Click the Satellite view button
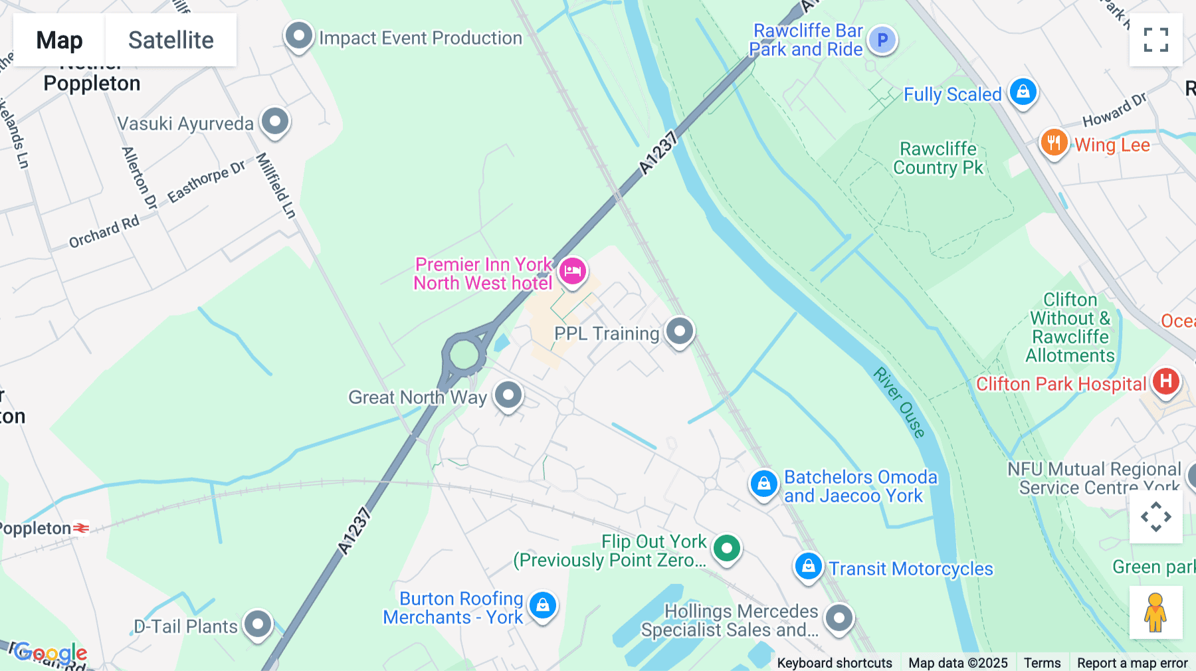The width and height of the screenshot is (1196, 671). pyautogui.click(x=171, y=40)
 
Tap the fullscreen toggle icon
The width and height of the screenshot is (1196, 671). pyautogui.click(x=1155, y=40)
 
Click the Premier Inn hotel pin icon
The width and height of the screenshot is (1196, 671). pyautogui.click(x=572, y=271)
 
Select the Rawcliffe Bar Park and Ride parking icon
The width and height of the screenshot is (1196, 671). pyautogui.click(x=882, y=40)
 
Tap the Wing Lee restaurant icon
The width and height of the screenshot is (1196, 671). pyautogui.click(x=1054, y=142)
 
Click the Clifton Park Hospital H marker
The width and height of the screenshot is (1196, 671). pyautogui.click(x=1165, y=381)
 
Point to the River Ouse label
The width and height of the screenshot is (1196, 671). pyautogui.click(x=899, y=403)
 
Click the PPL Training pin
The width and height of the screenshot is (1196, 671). pyautogui.click(x=679, y=331)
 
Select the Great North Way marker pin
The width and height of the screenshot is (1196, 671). pyautogui.click(x=508, y=395)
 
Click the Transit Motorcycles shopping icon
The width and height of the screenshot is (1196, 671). pyautogui.click(x=808, y=566)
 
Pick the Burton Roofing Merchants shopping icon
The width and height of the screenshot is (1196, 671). pyautogui.click(x=543, y=605)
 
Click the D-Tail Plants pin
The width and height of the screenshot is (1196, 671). pyautogui.click(x=258, y=624)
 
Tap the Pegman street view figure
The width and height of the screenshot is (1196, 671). pyautogui.click(x=1155, y=613)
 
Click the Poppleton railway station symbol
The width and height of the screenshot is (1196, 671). pyautogui.click(x=81, y=528)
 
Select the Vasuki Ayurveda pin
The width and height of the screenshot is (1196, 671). pyautogui.click(x=274, y=122)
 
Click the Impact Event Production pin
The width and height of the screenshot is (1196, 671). pyautogui.click(x=298, y=36)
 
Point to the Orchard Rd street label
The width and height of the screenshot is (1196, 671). pyautogui.click(x=104, y=232)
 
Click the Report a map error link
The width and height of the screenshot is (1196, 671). pyautogui.click(x=1132, y=663)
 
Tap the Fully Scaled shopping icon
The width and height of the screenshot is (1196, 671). pyautogui.click(x=1023, y=92)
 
